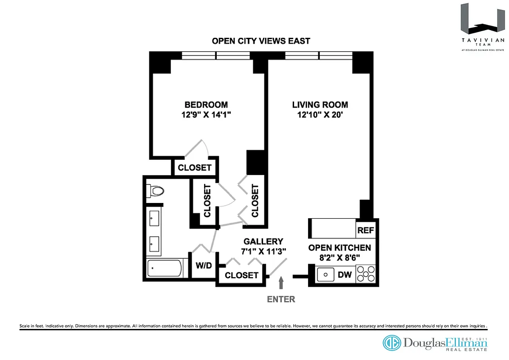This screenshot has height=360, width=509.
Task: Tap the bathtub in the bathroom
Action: click(164, 269)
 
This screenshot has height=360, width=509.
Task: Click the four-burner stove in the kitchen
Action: click(366, 274)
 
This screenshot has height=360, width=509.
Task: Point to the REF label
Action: click(366, 230)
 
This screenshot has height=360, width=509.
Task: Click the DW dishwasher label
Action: click(344, 274)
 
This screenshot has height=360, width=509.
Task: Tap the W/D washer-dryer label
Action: click(203, 266)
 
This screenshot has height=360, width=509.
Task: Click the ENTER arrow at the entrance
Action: click(281, 283)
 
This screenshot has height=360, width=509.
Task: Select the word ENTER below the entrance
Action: click(281, 299)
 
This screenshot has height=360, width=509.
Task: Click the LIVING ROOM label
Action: click(320, 105)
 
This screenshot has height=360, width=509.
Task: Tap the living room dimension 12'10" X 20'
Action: click(320, 115)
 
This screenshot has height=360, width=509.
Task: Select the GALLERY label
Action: click(263, 242)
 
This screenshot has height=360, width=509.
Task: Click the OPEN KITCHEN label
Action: click(339, 248)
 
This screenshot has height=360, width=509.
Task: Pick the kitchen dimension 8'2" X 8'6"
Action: click(339, 258)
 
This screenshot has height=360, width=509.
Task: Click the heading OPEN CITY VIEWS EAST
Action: click(261, 41)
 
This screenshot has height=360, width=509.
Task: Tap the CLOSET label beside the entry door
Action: click(241, 275)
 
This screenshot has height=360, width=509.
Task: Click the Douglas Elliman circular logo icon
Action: click(392, 343)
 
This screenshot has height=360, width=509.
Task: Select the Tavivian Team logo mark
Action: click(479, 20)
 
